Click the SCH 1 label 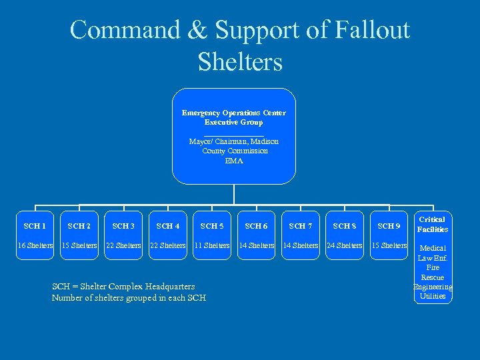click(35, 227)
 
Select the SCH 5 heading click(212, 227)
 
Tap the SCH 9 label click(389, 227)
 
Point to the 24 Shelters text click(345, 245)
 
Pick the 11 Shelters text click(212, 245)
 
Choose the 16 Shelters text click(35, 245)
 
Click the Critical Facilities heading click(433, 224)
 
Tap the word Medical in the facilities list click(433, 248)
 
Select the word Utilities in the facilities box click(433, 296)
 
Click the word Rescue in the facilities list click(433, 277)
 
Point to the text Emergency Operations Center click(234, 113)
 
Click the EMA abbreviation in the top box click(234, 161)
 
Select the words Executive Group click(234, 122)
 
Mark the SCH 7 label click(301, 227)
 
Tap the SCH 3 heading click(123, 227)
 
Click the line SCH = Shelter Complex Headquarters click(123, 286)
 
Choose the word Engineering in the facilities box click(433, 287)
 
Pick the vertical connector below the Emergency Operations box click(234, 194)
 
